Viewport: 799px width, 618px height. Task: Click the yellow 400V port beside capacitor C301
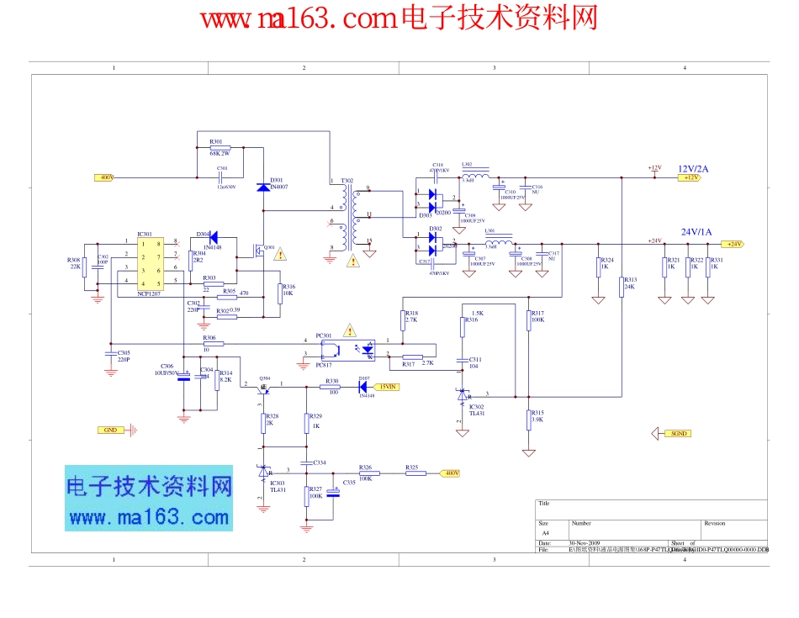click(106, 177)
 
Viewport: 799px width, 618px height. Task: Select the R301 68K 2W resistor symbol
click(220, 148)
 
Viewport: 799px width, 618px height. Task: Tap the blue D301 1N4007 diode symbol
click(263, 186)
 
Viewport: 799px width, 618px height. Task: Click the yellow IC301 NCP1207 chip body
click(149, 264)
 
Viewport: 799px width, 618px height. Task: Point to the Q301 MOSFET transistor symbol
click(261, 251)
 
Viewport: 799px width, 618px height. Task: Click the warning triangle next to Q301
click(279, 253)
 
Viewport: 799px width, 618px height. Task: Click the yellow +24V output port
click(733, 244)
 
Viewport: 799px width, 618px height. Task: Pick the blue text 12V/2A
click(693, 168)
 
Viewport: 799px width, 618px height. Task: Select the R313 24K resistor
click(621, 287)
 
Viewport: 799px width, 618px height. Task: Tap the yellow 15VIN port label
click(387, 387)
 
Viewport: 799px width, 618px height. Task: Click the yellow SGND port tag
click(675, 434)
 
